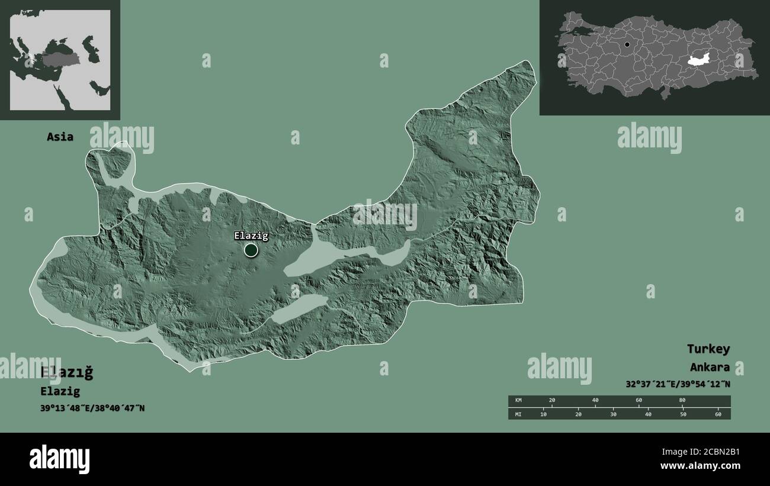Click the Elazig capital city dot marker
coord(251,250)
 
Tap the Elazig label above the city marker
coord(251,236)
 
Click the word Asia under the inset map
coord(60,137)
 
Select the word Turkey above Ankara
coord(708,349)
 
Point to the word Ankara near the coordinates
coord(709,367)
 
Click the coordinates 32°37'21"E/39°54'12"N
coord(678,384)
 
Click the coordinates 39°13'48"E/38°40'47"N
coord(92,408)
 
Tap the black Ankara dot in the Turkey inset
coord(627,44)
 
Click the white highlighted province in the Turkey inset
coord(701,59)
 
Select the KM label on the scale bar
coord(518,401)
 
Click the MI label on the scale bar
coord(518,414)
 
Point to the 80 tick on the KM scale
coord(682,401)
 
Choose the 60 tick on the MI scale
coord(718,414)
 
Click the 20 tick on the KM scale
coord(552,401)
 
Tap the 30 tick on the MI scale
coord(613,414)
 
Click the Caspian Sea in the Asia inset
coord(90,49)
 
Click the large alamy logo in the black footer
coord(59,459)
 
